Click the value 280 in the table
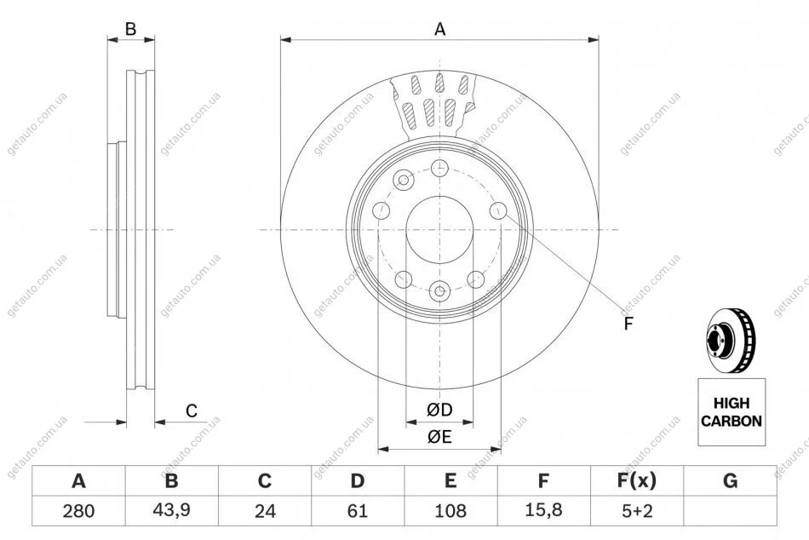[x=78, y=511]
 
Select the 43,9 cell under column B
[x=172, y=510]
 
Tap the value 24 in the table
[x=265, y=511]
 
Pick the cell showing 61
[x=358, y=511]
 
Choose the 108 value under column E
[x=450, y=511]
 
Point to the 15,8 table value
[x=543, y=510]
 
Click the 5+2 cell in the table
[x=637, y=511]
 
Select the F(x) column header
[x=637, y=480]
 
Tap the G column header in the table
[x=730, y=480]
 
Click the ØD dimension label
[x=439, y=410]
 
